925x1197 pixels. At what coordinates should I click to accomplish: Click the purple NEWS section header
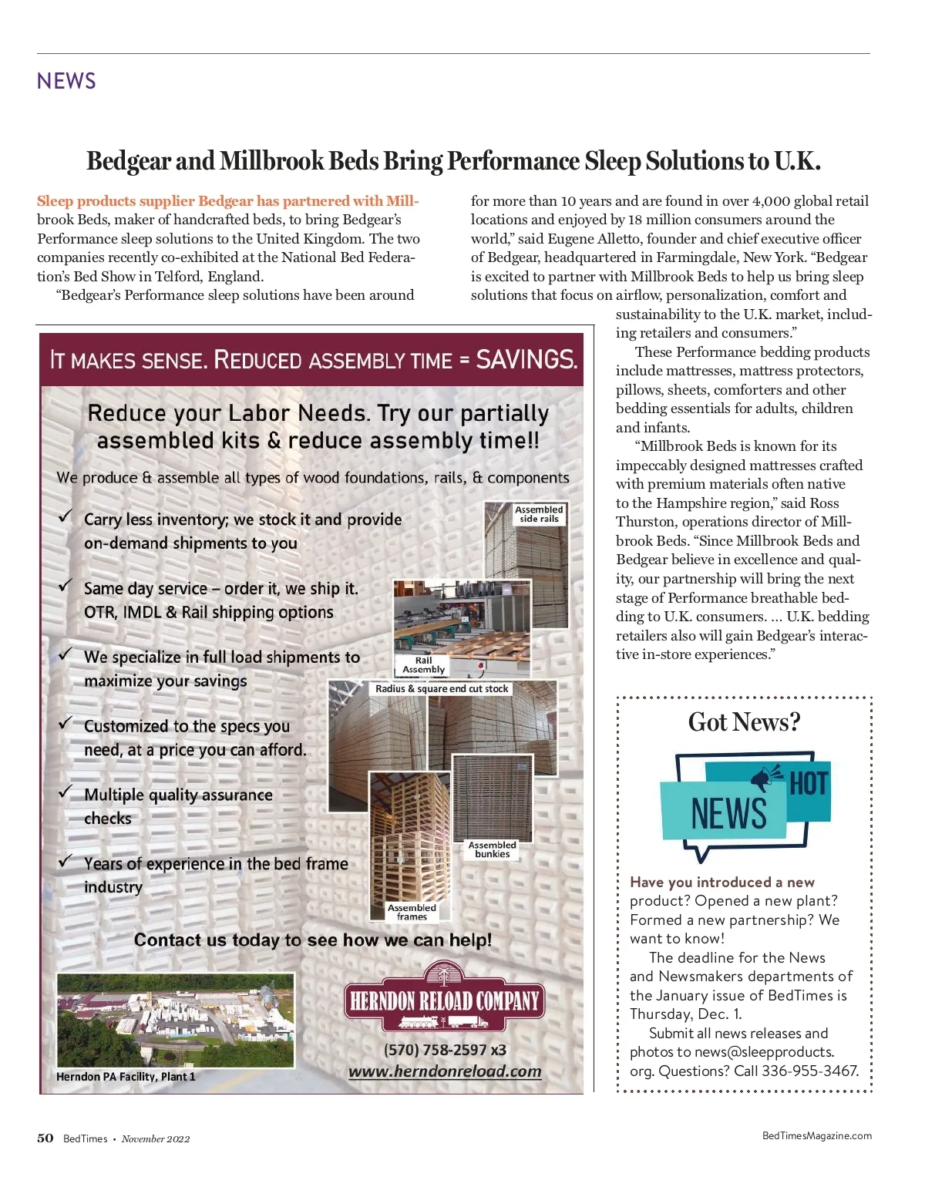point(66,81)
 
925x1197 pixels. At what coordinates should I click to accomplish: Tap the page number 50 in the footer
point(45,1138)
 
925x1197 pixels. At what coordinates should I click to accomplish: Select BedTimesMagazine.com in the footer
point(816,1135)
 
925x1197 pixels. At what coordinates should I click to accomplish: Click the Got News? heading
point(744,722)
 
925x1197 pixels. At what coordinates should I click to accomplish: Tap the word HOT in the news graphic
point(809,784)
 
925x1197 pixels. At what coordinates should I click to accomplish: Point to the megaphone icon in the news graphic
point(764,778)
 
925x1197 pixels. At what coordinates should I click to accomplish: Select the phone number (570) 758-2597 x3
point(445,1050)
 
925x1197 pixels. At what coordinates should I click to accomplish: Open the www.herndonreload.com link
point(445,1071)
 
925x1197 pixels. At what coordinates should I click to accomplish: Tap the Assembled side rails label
point(539,514)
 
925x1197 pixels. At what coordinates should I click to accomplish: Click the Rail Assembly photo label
point(423,665)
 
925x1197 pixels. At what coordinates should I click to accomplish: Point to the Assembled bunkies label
point(492,849)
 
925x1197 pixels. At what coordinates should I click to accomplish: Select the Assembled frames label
point(412,912)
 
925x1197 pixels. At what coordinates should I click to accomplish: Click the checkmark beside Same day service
point(66,585)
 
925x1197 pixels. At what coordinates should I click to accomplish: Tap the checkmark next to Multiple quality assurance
point(66,792)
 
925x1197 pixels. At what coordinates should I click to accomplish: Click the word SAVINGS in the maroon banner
point(526,359)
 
